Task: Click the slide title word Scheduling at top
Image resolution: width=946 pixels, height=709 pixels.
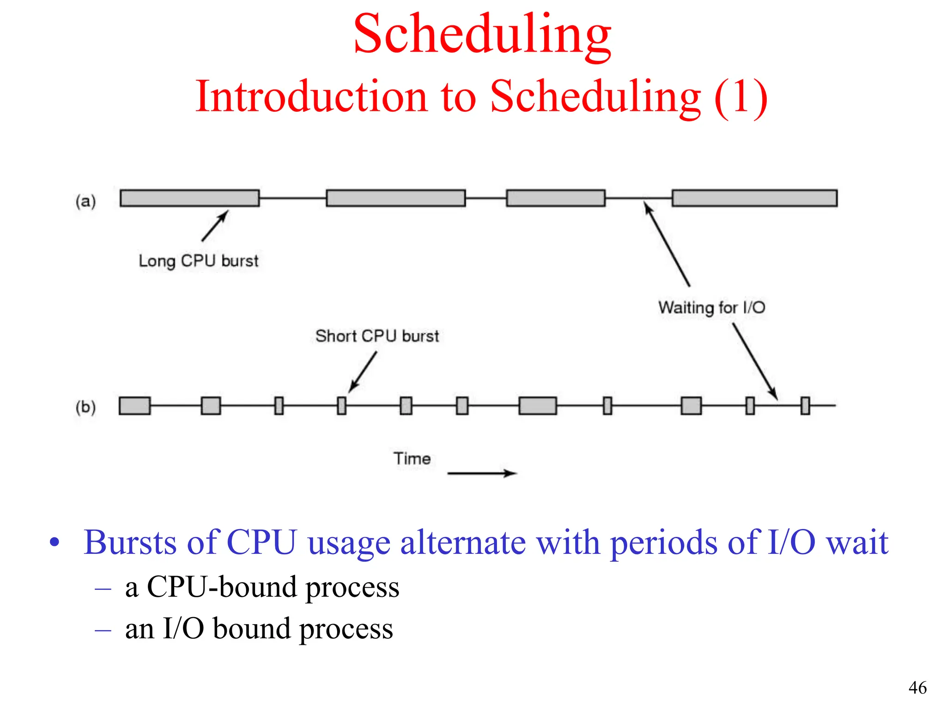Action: pyautogui.click(x=482, y=35)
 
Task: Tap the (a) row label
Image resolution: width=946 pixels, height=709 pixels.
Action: pyautogui.click(x=85, y=201)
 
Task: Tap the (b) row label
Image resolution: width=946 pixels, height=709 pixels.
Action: pyautogui.click(x=85, y=407)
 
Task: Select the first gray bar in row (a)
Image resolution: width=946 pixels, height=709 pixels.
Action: pyautogui.click(x=189, y=198)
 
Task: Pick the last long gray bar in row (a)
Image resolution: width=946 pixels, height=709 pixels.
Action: pyautogui.click(x=754, y=198)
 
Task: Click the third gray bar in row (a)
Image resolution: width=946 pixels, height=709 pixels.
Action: pyautogui.click(x=555, y=198)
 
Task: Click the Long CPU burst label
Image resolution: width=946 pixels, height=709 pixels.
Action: pyautogui.click(x=198, y=261)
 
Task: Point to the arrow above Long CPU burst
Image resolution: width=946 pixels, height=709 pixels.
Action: pyautogui.click(x=215, y=226)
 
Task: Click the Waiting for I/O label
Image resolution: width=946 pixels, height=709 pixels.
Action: pyautogui.click(x=711, y=307)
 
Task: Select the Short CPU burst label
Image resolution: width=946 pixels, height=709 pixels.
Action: pyautogui.click(x=377, y=336)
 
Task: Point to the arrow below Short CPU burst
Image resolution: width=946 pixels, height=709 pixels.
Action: pyautogui.click(x=363, y=372)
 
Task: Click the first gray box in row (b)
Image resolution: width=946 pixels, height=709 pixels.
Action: pyautogui.click(x=134, y=406)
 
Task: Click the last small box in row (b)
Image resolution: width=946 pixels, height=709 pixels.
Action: pyautogui.click(x=805, y=406)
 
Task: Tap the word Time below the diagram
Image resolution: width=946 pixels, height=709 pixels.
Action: pyautogui.click(x=412, y=459)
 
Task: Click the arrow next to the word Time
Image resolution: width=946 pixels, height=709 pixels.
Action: pyautogui.click(x=482, y=473)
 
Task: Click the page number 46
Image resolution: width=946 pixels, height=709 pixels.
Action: pyautogui.click(x=917, y=688)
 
